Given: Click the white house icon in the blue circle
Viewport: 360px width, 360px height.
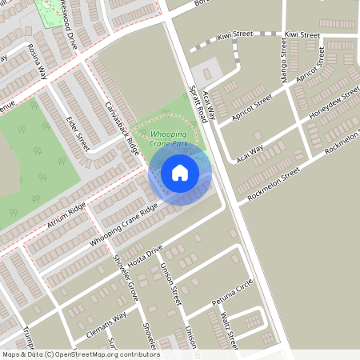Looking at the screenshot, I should pos(180,172).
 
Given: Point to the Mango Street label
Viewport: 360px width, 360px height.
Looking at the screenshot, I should pos(283,55).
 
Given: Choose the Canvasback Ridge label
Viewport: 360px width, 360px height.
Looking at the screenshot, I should pos(122,127).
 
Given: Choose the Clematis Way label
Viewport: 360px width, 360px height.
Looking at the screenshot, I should pos(107,326).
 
